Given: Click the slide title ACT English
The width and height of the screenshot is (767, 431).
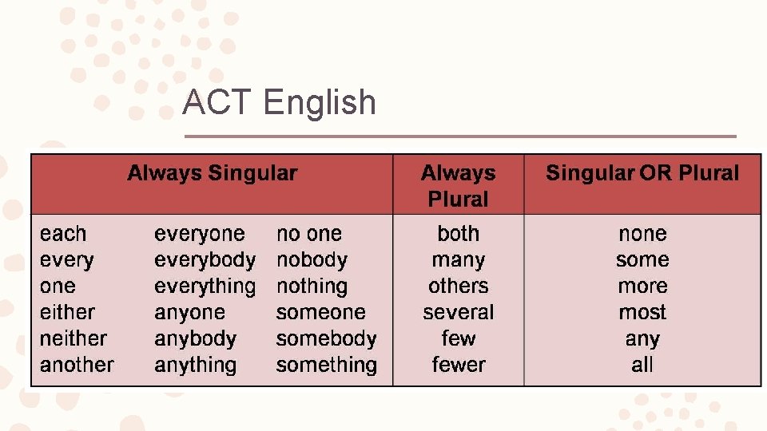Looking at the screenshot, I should coord(279,103).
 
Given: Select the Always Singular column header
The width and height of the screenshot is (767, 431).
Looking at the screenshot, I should coord(212,173).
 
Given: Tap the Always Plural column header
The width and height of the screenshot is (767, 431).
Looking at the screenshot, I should coord(458,185).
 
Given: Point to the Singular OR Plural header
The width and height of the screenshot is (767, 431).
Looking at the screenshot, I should coord(642,173).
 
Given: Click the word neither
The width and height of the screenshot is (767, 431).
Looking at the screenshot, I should coord(73,338).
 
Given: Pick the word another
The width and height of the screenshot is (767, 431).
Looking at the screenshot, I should coord(77,365).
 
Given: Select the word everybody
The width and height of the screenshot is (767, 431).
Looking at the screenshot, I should coord(205,260).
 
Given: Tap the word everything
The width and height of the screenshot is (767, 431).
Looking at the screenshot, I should coord(205,287).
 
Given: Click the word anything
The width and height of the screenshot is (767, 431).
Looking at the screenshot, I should coord(195,366).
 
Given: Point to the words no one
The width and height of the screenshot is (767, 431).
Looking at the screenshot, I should coord(308,234).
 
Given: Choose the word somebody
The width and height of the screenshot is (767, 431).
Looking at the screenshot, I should coord(326,338).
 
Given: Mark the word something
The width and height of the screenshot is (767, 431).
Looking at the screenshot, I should coord(326,366).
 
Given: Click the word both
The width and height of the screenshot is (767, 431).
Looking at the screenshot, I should coord(458,234).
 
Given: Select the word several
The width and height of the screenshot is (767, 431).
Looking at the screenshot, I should coord(458,312).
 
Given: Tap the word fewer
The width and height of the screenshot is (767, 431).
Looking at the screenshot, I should coord(458,365).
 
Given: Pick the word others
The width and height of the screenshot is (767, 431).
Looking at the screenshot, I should coord(458,286).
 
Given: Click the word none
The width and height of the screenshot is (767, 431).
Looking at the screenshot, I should coord(642,234).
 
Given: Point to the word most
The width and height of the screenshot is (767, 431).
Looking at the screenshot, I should coord(642,312).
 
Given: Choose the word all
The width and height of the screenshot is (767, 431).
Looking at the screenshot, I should coord(642,365).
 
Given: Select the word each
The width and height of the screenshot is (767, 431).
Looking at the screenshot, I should coord(63,234).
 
